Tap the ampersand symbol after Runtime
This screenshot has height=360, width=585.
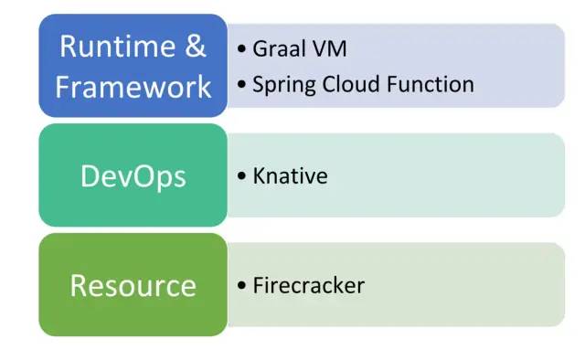(x=197, y=47)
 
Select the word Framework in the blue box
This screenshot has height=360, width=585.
(x=133, y=87)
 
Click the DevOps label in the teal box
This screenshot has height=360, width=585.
(x=133, y=175)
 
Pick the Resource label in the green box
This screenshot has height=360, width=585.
(x=133, y=285)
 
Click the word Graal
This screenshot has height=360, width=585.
(x=280, y=48)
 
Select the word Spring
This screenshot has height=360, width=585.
(x=279, y=86)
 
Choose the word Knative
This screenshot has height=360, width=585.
(x=290, y=175)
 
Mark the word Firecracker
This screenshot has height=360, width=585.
(x=309, y=285)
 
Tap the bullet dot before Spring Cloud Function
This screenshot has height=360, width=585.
(x=241, y=86)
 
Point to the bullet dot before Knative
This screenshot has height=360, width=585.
(x=241, y=176)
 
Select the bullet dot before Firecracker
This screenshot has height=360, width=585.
(x=241, y=286)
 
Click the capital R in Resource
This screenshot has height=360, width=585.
(x=80, y=285)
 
